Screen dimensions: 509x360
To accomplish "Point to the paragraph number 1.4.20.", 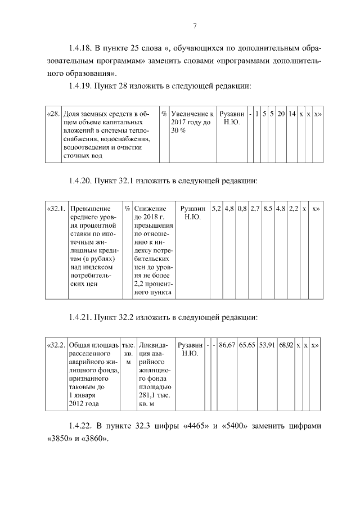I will coord(78,181).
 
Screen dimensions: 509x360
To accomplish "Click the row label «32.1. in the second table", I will coord(56,209).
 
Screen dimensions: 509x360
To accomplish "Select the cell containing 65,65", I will coord(247,344).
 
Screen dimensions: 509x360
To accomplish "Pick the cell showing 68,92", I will coord(286,344).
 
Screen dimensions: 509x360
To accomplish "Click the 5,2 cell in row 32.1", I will coord(216,209).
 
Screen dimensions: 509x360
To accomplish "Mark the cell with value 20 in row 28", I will coord(280,113).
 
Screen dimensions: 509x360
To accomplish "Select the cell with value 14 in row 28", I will coord(292,113).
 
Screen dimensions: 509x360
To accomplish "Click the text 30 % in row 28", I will coord(179,130).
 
